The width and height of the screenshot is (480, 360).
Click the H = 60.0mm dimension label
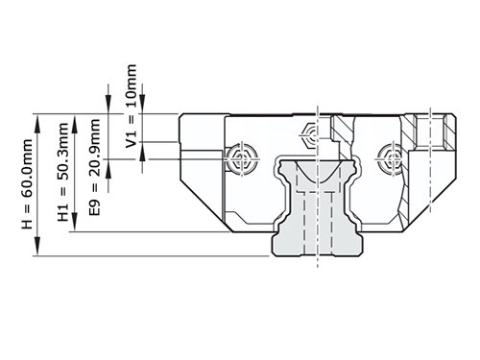point(27,184)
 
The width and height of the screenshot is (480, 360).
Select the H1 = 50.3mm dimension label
point(63,172)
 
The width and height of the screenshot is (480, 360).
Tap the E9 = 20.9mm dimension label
point(95,167)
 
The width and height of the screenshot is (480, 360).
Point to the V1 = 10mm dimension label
point(132,107)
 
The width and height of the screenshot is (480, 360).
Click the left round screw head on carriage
point(242,159)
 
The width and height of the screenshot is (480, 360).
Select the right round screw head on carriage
point(392,159)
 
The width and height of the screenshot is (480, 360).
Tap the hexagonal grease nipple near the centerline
point(309,134)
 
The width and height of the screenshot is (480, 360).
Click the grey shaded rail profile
point(317,208)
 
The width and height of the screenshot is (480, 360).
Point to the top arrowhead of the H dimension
point(37,123)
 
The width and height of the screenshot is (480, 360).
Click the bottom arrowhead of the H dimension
point(37,247)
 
